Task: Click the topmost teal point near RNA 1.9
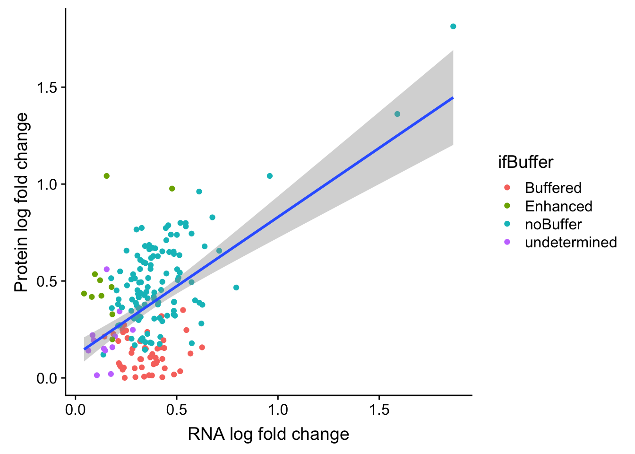coord(453,26)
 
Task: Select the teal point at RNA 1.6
coord(397,114)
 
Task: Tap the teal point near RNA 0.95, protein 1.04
coord(270,176)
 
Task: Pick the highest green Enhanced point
coord(107,176)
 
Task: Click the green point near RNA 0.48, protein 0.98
coord(172,189)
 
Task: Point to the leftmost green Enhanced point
coord(84,294)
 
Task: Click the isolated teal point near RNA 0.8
coord(236,288)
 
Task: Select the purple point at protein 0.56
coord(107,269)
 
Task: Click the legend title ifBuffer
coord(525,162)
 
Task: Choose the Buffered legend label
coord(553,188)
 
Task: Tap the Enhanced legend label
coord(558,206)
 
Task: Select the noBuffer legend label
coord(553,224)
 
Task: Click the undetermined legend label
coord(571,242)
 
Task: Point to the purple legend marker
coord(507,242)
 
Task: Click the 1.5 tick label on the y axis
coord(47,87)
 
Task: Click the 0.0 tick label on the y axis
coord(47,378)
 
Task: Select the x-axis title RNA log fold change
coord(268,434)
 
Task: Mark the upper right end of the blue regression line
coord(453,98)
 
